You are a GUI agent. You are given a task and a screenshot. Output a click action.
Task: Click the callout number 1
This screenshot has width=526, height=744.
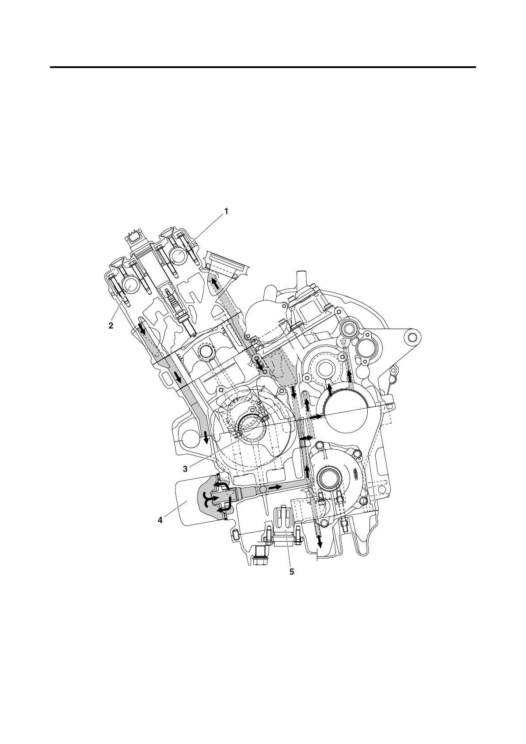[226, 211]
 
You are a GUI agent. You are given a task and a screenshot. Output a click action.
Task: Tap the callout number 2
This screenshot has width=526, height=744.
[111, 326]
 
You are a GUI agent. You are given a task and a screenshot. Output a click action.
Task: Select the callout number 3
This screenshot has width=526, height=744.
[185, 469]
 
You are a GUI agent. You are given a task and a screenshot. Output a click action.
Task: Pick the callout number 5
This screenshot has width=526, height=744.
[292, 572]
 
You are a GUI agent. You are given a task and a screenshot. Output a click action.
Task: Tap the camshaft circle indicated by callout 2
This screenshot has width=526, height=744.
[132, 283]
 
